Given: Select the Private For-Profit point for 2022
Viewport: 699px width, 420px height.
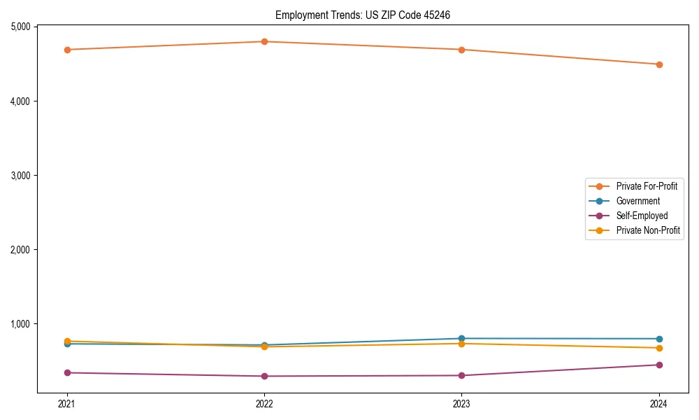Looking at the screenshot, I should tap(264, 41).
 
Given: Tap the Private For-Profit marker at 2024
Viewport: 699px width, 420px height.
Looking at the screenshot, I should tap(659, 64).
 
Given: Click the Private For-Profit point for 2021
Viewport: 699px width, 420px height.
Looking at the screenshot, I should tap(67, 50).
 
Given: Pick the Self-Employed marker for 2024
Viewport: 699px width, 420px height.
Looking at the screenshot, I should tap(659, 365).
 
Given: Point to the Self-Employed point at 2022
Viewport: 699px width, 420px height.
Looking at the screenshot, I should tap(264, 376).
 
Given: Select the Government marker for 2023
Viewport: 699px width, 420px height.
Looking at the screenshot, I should tap(461, 338).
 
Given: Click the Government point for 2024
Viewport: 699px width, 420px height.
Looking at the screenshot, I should tap(659, 339).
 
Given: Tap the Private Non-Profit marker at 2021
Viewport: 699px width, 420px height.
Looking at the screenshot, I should tap(67, 341).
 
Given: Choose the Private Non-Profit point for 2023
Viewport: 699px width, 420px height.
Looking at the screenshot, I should tap(461, 344).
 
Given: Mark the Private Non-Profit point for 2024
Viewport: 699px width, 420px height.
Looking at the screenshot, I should tap(659, 348).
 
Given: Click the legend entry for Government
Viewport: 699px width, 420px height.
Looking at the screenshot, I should tap(637, 201).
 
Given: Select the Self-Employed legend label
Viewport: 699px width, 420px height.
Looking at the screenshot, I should tap(642, 216).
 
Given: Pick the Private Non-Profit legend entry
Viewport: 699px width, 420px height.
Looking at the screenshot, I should tap(648, 230).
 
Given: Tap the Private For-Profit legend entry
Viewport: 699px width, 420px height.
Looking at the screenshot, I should tap(647, 186).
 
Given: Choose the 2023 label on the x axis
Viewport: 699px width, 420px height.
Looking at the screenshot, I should tap(461, 404).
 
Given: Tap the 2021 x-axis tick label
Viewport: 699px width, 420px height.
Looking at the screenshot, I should tap(67, 404).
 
